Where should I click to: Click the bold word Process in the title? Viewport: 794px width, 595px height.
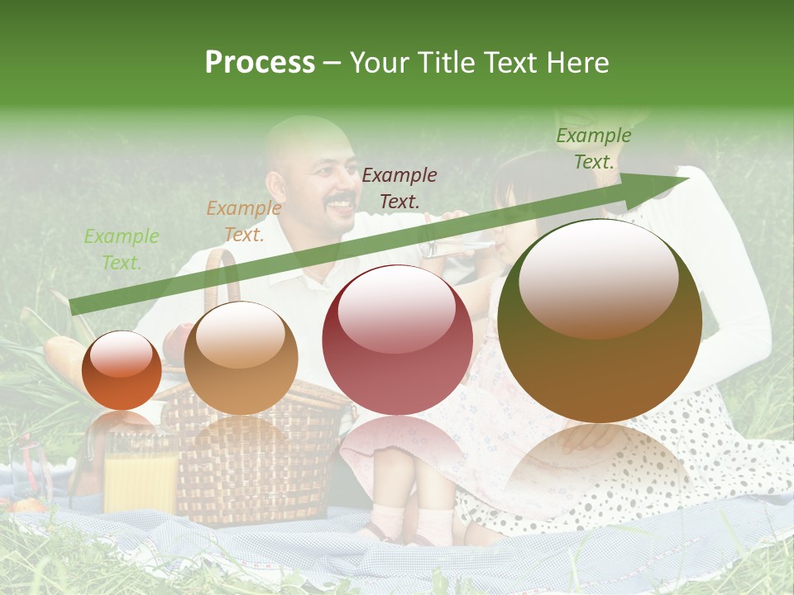260,63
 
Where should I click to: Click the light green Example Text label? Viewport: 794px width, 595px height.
122,250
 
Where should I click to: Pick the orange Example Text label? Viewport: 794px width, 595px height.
243,221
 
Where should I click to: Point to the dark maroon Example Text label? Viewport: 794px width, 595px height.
399,188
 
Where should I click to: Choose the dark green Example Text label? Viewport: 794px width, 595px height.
593,149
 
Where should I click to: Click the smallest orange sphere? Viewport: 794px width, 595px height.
122,370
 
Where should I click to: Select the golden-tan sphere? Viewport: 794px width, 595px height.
241,358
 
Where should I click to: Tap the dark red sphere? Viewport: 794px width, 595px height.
397,340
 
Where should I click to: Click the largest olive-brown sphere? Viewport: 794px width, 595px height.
600,321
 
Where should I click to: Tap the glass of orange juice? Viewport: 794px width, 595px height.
141,479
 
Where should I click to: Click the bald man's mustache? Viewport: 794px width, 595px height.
340,200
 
